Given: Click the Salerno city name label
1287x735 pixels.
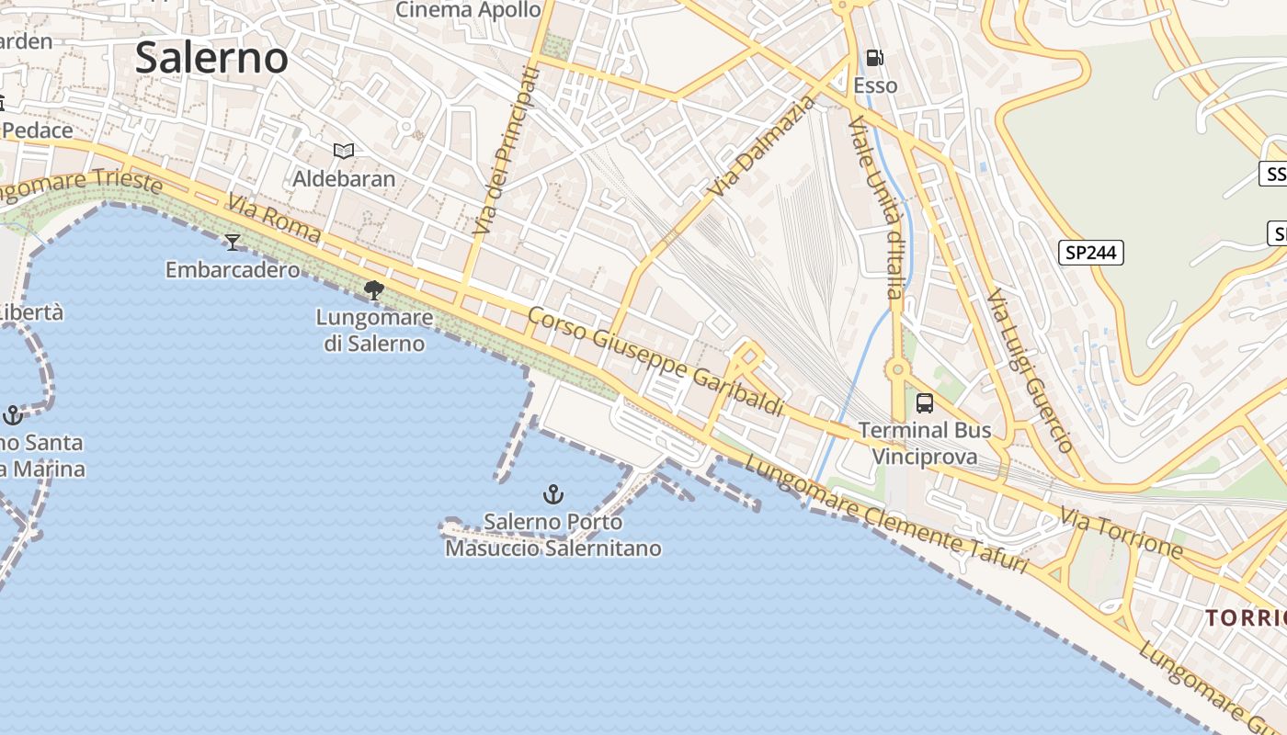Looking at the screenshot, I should click(211, 58).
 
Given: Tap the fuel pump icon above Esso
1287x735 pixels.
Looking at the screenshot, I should click(875, 58).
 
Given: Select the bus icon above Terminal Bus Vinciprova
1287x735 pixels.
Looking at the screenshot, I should click(925, 403).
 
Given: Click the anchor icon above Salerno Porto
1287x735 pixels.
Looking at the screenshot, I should click(552, 495).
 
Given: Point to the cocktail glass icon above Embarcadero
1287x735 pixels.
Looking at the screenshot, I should click(233, 242).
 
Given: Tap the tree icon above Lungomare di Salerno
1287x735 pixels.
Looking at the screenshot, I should click(374, 290).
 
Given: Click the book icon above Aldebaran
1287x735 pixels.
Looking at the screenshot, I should click(344, 151).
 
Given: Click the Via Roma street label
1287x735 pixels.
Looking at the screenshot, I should click(274, 219).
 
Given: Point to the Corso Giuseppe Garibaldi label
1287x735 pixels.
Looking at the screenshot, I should click(655, 361).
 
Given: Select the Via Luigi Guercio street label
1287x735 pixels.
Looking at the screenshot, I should click(1030, 371).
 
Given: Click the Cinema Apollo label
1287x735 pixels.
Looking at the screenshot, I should click(468, 10).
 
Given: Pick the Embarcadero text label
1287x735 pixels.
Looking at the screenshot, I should click(233, 269).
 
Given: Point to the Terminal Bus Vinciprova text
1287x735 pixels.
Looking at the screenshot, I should click(925, 443).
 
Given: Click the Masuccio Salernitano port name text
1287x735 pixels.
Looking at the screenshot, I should click(553, 548).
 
